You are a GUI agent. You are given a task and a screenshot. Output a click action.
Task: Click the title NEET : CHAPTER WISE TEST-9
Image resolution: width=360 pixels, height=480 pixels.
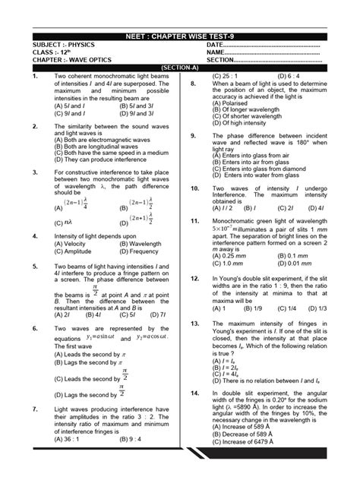[x=180, y=36]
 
